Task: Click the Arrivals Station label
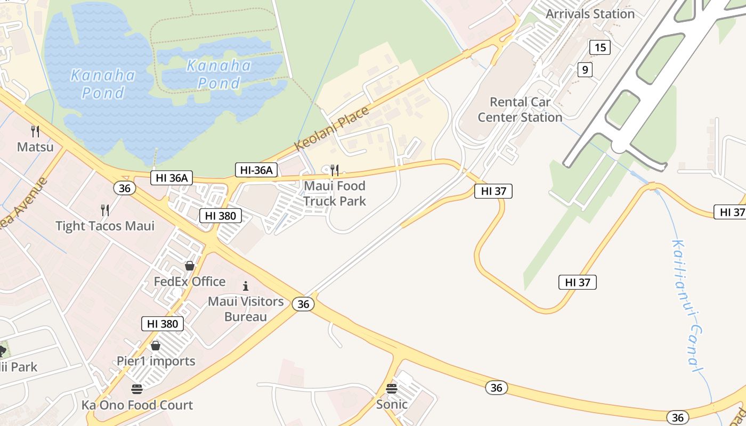coord(590,14)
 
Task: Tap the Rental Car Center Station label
coord(520,110)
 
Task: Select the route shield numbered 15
coord(599,47)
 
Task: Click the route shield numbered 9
coord(585,69)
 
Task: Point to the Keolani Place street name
coord(331,128)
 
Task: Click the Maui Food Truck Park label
coord(335,193)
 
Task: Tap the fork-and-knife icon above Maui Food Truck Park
coord(335,170)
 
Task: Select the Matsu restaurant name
coord(35,146)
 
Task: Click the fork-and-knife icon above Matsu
coord(35,131)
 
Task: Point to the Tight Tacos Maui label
coord(105,226)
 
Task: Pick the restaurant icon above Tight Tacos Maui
coord(105,210)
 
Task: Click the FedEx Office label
coord(190,281)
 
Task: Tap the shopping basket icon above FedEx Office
coord(190,265)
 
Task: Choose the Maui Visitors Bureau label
coord(246,309)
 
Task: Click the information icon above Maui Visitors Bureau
coord(246,286)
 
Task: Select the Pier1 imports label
coord(156,361)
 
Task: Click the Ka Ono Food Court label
coord(137,405)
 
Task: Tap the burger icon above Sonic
coord(392,388)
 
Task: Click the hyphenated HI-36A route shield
coord(256,170)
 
